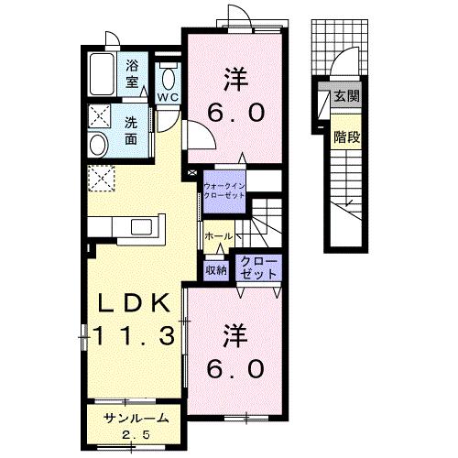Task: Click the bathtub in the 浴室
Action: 103,74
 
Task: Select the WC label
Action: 168,97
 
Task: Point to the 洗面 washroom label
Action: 131,131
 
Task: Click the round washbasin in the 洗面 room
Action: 98,145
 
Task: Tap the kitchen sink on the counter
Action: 141,227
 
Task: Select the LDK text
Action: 134,303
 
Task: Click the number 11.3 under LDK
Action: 134,335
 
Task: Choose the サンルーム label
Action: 136,419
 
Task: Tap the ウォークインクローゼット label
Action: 224,191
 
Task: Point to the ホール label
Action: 219,236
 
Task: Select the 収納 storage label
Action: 216,270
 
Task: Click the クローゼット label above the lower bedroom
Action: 259,267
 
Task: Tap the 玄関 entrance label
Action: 347,96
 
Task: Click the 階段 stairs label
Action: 347,137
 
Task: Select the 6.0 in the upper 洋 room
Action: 235,113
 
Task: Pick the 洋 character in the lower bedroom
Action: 235,335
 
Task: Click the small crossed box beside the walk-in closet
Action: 192,173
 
